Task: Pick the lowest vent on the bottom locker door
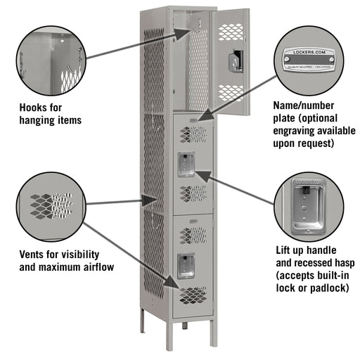pyautogui.click(x=192, y=295)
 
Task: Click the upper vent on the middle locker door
pyautogui.click(x=192, y=131)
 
